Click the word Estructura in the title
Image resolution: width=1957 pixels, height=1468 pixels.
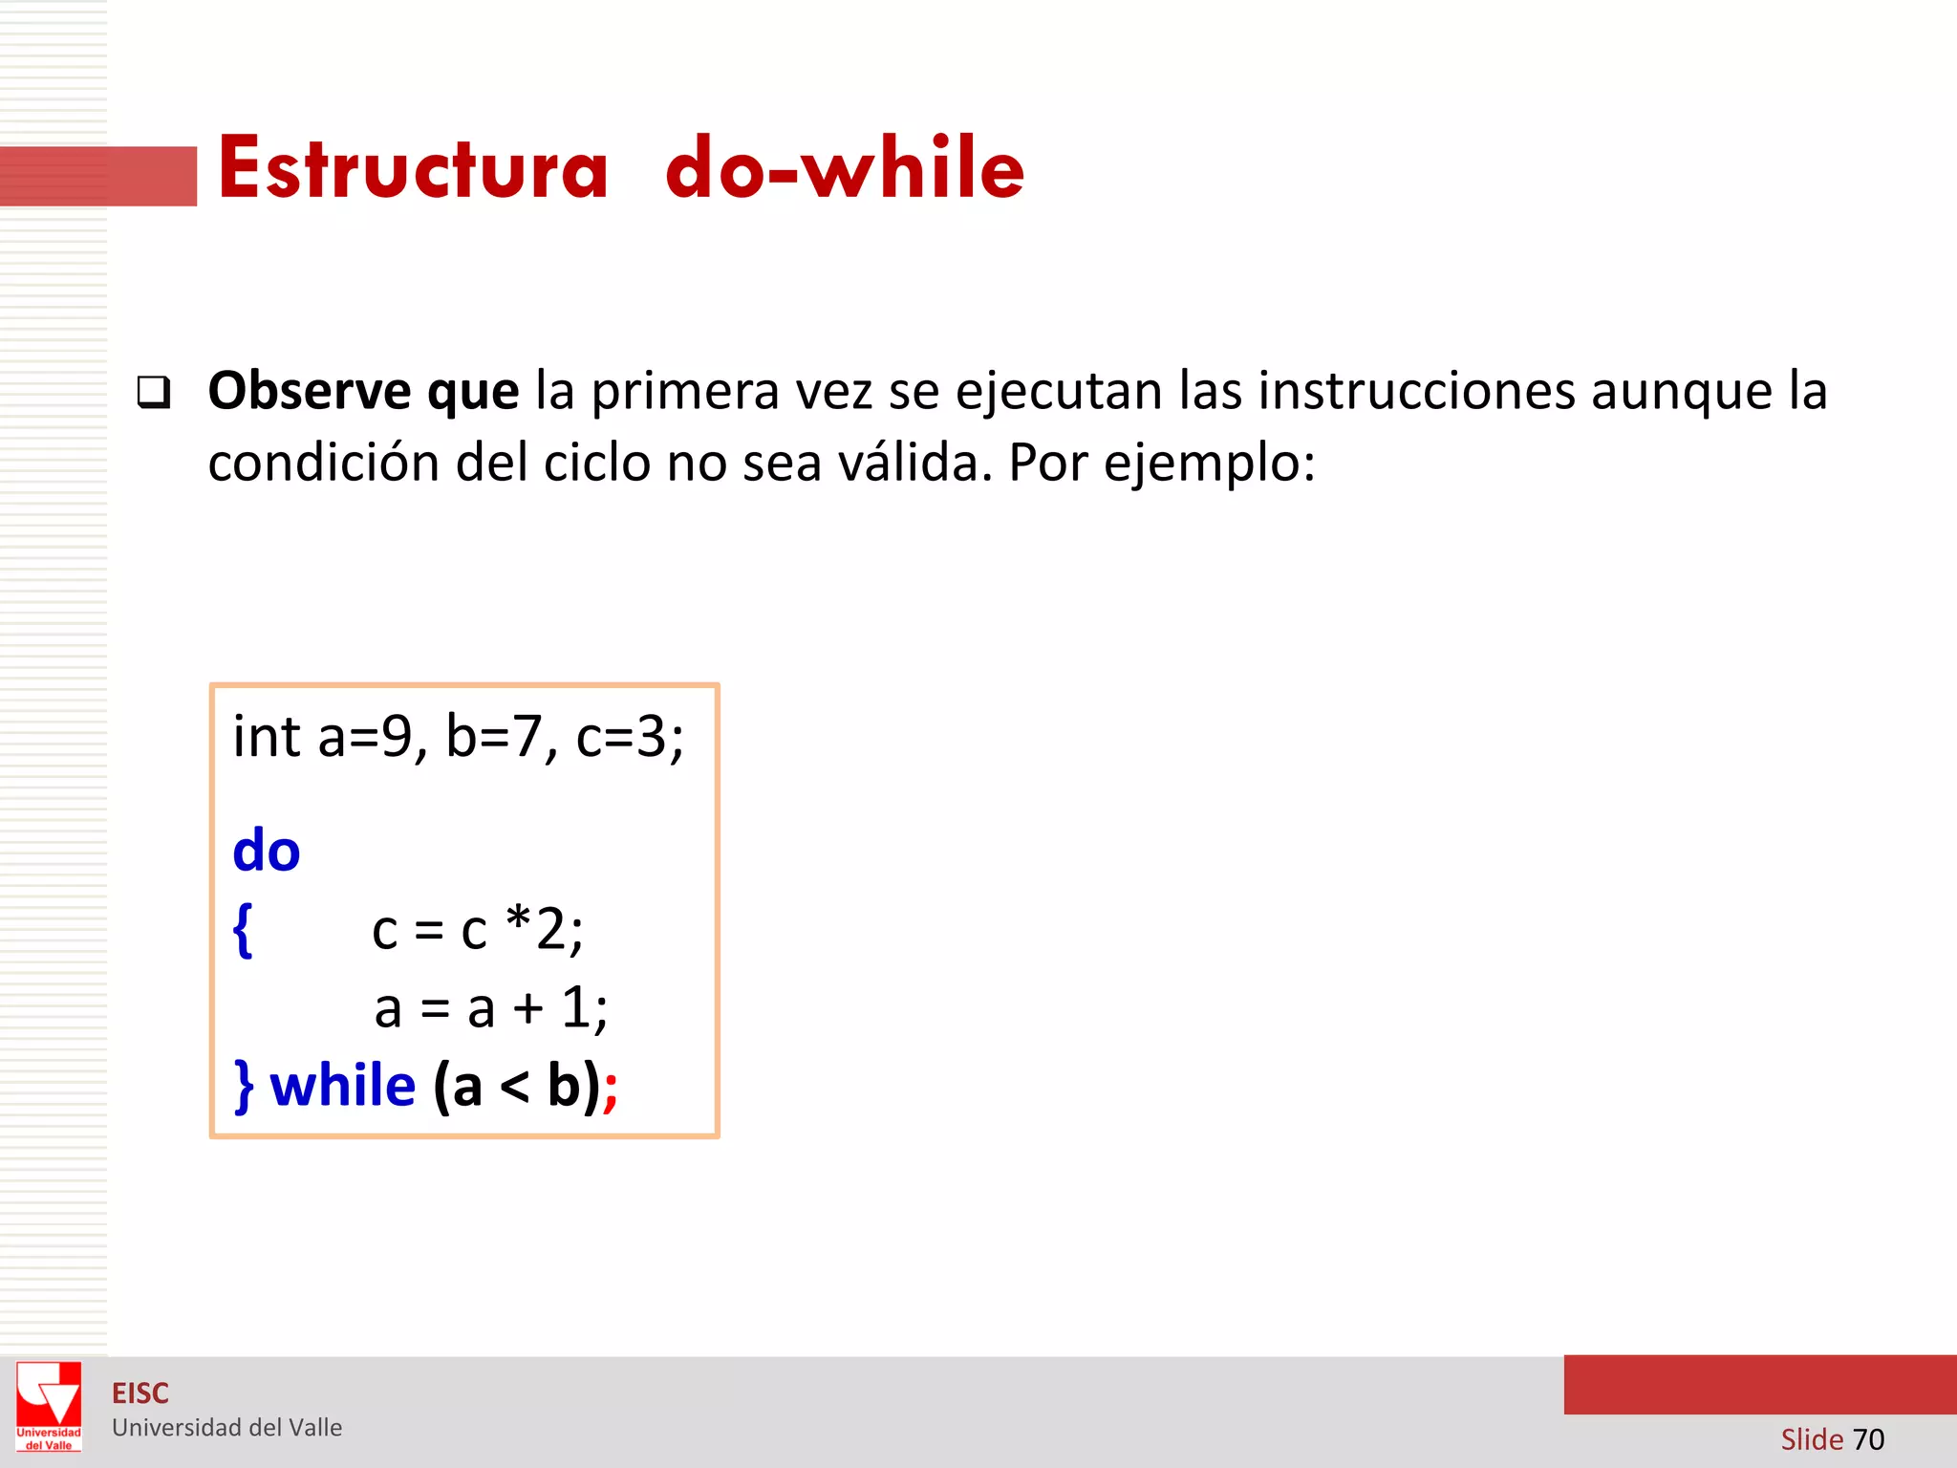[x=413, y=169]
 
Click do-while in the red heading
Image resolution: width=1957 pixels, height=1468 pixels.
[x=845, y=169]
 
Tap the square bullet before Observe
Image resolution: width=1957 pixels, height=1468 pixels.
[x=154, y=392]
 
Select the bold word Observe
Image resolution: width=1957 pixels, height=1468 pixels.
[x=310, y=391]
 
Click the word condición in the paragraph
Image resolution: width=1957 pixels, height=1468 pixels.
[x=323, y=464]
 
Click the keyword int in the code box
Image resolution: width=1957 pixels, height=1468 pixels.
[x=267, y=737]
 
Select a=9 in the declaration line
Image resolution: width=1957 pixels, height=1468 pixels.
[x=371, y=738]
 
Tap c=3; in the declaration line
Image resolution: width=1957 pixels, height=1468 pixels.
[x=630, y=738]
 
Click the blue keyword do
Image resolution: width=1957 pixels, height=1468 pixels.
[x=267, y=851]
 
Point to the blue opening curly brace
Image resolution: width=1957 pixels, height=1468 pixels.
[x=243, y=930]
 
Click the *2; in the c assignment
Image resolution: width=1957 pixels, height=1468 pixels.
[x=545, y=929]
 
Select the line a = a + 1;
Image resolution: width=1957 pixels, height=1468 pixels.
[x=491, y=1008]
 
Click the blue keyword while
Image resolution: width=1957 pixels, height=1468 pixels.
[x=343, y=1087]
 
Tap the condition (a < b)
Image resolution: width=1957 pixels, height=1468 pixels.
[x=517, y=1087]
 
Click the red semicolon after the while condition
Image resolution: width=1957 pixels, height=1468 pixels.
[x=611, y=1090]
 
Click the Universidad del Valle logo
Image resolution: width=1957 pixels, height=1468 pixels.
[x=49, y=1405]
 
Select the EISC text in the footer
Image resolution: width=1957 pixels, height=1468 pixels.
[x=140, y=1393]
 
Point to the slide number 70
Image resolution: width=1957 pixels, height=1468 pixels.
[x=1868, y=1438]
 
